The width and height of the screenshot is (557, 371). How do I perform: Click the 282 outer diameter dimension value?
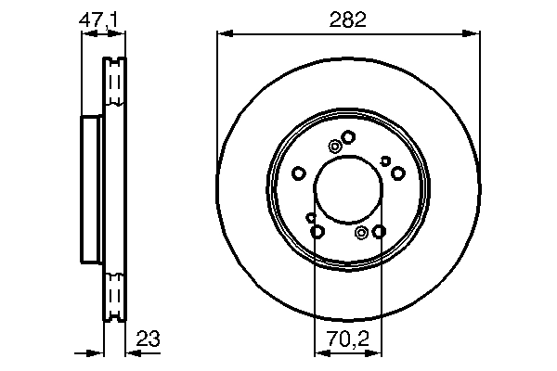pyautogui.click(x=348, y=18)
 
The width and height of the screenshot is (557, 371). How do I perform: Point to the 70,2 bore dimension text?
pyautogui.click(x=348, y=339)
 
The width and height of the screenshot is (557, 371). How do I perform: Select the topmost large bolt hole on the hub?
pyautogui.click(x=348, y=137)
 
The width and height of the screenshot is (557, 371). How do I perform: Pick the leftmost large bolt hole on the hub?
pyautogui.click(x=299, y=173)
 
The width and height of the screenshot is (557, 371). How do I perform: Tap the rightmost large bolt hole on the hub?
pyautogui.click(x=397, y=173)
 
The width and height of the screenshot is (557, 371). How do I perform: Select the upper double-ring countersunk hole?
pyautogui.click(x=335, y=146)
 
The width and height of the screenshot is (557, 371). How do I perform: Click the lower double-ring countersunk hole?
pyautogui.click(x=361, y=231)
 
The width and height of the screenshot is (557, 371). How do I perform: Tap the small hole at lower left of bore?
pyautogui.click(x=310, y=217)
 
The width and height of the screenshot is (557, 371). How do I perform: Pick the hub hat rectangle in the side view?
pyautogui.click(x=92, y=189)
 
